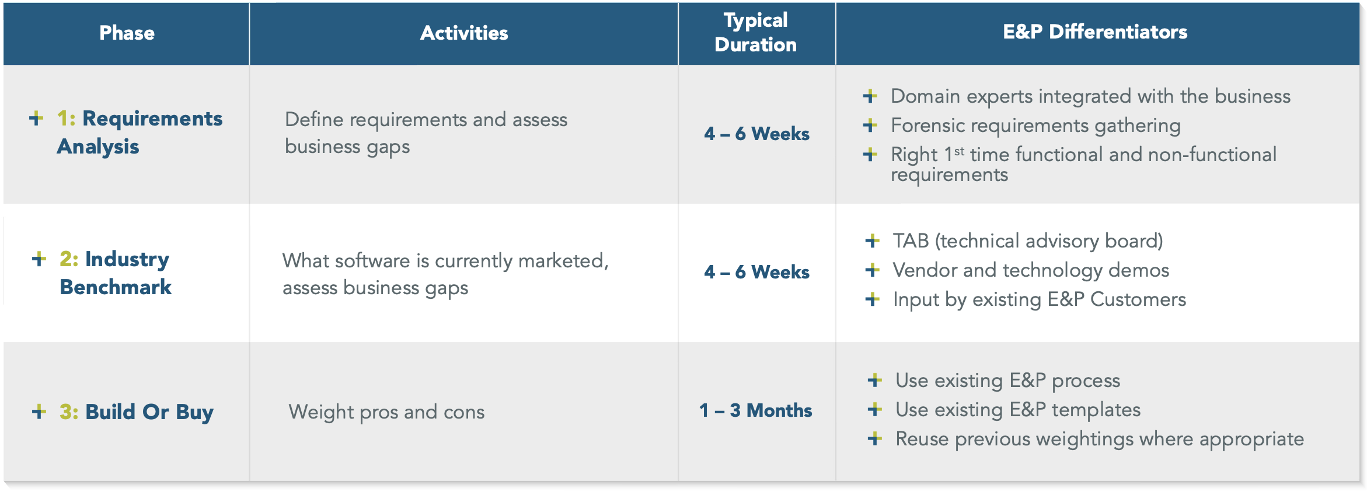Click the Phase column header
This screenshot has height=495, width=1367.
[127, 33]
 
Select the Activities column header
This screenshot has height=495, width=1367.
[464, 33]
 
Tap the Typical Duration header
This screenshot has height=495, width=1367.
[756, 32]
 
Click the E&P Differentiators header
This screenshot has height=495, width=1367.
[1095, 32]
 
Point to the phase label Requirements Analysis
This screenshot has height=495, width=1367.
[140, 133]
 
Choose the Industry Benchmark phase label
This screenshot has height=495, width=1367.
[116, 273]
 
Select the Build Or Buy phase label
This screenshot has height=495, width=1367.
[137, 412]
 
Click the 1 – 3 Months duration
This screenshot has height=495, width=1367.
[756, 410]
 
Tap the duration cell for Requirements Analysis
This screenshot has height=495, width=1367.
[756, 134]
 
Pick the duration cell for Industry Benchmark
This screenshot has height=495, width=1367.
[756, 272]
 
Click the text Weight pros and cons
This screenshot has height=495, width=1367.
[386, 412]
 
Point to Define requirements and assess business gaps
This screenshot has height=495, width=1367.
[426, 133]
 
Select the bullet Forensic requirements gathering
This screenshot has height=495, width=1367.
[1035, 126]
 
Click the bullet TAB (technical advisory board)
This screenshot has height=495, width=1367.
[1028, 241]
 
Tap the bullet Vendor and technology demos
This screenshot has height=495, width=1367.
[1031, 270]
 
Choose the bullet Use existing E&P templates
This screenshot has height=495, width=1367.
[1018, 410]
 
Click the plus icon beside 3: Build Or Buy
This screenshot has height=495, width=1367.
[39, 412]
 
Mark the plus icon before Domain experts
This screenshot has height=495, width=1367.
[870, 96]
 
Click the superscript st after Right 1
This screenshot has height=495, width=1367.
[959, 151]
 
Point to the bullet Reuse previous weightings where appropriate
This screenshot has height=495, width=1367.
[1100, 439]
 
